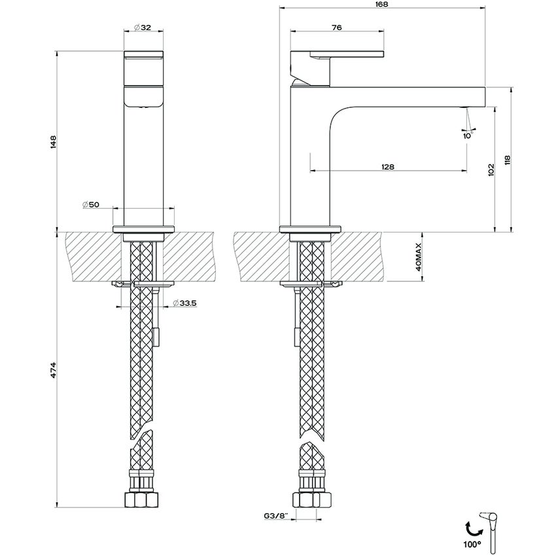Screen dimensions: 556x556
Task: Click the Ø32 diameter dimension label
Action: pyautogui.click(x=143, y=27)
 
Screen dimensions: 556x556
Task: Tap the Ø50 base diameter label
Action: pyautogui.click(x=91, y=205)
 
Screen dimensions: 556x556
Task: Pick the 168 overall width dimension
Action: pyautogui.click(x=381, y=5)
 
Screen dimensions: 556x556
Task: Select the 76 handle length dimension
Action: pyautogui.click(x=337, y=27)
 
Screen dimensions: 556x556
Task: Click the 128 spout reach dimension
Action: pyautogui.click(x=387, y=167)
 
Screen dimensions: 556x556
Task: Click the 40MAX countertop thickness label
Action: pyautogui.click(x=419, y=256)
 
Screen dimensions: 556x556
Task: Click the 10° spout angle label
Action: pyautogui.click(x=468, y=135)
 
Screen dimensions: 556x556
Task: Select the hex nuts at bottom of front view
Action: pyautogui.click(x=142, y=500)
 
